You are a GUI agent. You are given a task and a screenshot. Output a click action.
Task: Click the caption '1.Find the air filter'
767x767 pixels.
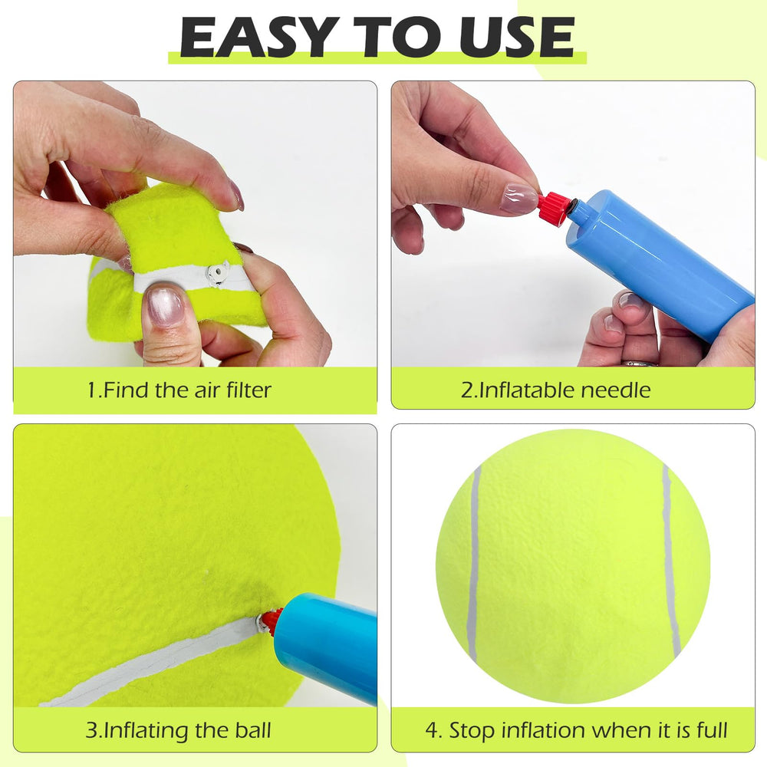[x=179, y=390]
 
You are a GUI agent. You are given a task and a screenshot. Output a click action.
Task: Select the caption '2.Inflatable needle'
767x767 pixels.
[x=555, y=390]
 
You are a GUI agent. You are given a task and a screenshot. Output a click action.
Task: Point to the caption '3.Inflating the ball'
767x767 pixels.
[x=178, y=729]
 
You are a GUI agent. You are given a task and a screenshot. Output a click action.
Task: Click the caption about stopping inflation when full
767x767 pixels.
[x=576, y=729]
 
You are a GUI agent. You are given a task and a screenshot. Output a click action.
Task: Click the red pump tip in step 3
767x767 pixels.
[x=270, y=620]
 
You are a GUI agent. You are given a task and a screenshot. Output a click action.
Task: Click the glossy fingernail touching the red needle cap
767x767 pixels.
[x=518, y=199]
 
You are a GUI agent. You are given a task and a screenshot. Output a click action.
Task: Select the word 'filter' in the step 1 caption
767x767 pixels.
[x=245, y=390]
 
